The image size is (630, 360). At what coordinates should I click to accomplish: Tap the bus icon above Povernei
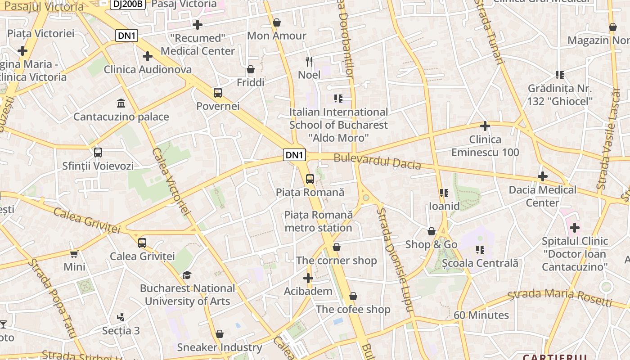click(218, 93)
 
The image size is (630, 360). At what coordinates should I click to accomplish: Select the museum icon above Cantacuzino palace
click(121, 103)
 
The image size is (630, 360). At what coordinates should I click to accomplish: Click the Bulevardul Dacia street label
click(377, 162)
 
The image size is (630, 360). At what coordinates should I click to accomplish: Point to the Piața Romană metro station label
click(318, 221)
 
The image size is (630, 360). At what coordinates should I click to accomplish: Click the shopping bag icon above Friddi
click(251, 69)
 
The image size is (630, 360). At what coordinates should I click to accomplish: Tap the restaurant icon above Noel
click(309, 61)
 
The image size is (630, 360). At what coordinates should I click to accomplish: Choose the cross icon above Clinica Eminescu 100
click(485, 126)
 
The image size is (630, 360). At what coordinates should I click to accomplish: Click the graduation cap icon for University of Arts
click(187, 275)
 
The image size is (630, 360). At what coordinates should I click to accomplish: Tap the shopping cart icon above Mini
click(74, 254)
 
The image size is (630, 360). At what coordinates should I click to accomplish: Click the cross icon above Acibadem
click(308, 278)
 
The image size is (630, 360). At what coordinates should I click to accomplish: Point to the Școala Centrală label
click(480, 263)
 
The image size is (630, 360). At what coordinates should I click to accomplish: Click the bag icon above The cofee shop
click(353, 296)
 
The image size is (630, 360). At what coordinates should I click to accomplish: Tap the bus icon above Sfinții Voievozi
click(98, 153)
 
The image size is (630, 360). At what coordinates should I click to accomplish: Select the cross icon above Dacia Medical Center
click(543, 176)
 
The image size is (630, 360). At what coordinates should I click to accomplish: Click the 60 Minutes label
click(481, 315)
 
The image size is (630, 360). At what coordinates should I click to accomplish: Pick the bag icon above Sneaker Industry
click(220, 334)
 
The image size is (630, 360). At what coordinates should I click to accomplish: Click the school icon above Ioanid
click(444, 193)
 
